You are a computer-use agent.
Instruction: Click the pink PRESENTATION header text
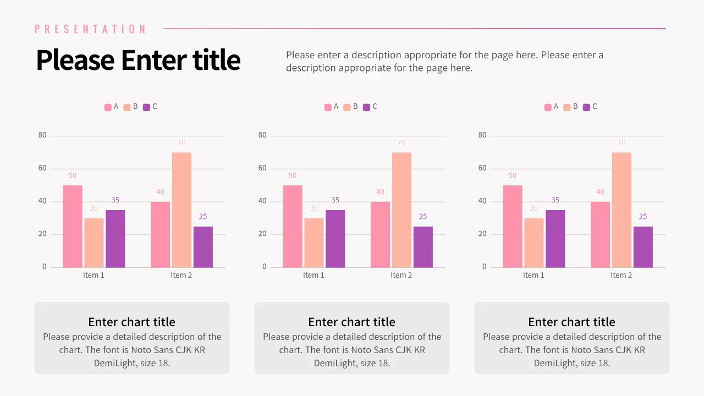91,29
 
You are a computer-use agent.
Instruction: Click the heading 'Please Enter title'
138,60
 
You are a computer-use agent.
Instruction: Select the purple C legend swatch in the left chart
146,107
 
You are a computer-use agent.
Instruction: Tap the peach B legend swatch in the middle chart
347,107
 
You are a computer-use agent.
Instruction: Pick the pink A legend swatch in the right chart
548,107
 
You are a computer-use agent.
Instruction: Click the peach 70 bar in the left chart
182,210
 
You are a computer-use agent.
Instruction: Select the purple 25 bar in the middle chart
423,247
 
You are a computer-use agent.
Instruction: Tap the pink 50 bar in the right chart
512,227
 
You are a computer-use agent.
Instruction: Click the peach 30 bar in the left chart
94,243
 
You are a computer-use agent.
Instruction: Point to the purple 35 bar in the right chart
555,239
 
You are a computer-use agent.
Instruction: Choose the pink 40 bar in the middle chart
380,235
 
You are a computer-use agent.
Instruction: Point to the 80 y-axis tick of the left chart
42,135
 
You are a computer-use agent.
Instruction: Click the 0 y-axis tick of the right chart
485,267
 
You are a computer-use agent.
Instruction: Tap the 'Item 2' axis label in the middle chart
401,276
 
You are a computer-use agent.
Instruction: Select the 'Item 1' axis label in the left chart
94,276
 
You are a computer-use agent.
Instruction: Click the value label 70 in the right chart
621,143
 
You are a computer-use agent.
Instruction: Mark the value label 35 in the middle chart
335,200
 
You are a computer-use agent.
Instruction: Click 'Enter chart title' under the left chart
131,322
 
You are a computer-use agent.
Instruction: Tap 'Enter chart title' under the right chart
571,322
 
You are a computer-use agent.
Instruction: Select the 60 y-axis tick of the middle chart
262,168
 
